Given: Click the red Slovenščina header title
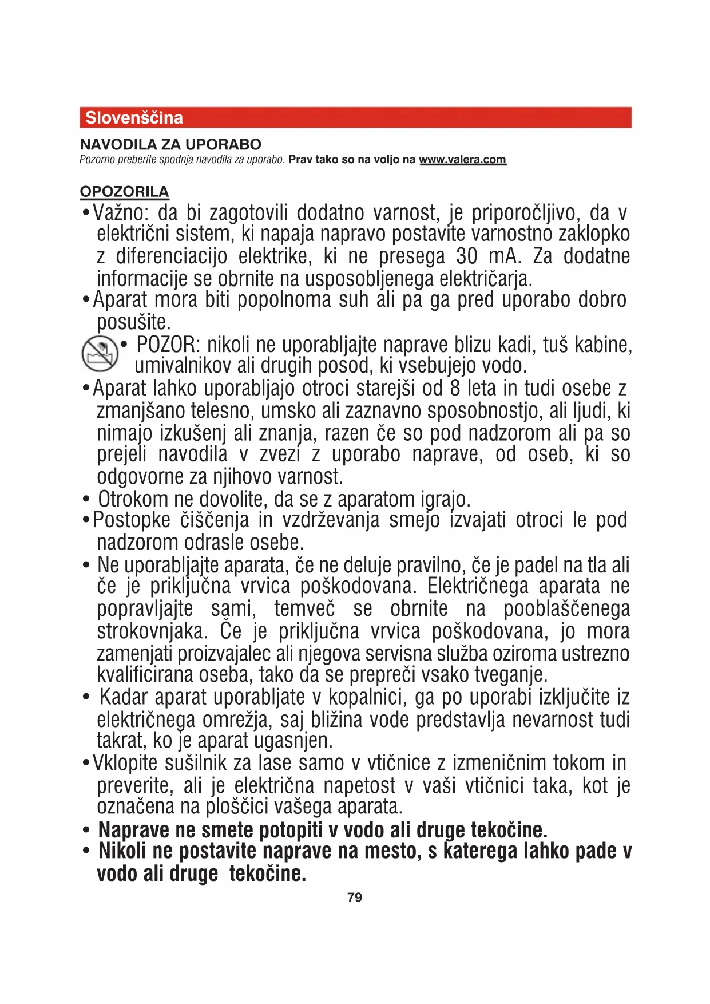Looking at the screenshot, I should (134, 118).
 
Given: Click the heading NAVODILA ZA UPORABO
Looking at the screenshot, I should (170, 144).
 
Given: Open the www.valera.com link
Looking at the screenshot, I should (462, 160).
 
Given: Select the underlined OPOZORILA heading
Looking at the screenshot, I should (124, 192).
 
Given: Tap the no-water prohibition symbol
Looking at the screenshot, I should (100, 353).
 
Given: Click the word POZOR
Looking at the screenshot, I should (166, 345).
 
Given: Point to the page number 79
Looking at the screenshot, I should (355, 898).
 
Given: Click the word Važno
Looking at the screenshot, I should (121, 213).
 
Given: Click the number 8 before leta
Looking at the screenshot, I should (455, 389).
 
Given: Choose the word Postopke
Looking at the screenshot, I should (132, 520).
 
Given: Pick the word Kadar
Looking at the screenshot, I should (124, 698).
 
